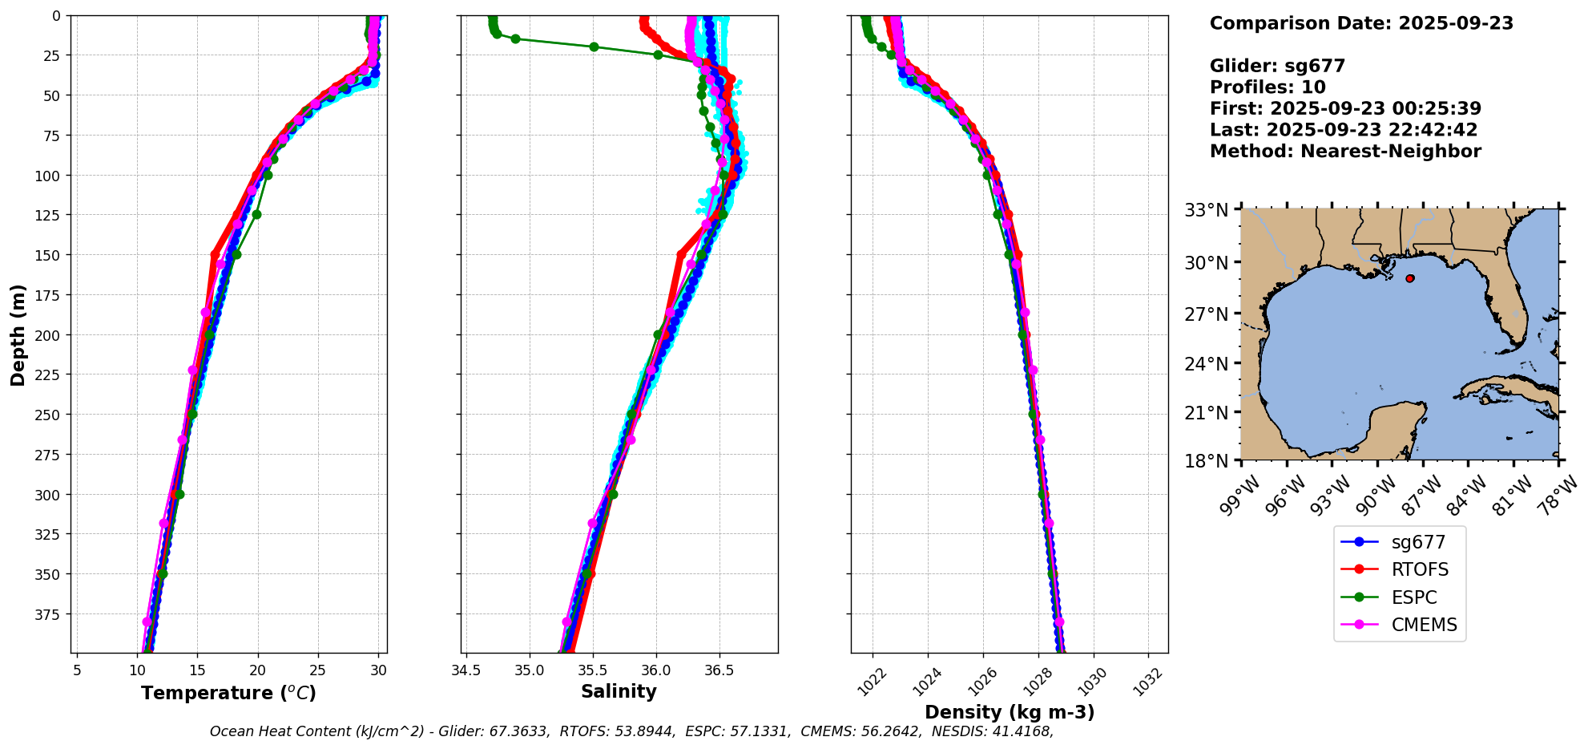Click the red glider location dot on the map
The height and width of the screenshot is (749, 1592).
click(x=1409, y=278)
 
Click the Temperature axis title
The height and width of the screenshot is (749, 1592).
click(x=228, y=693)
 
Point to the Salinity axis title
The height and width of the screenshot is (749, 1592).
click(x=619, y=691)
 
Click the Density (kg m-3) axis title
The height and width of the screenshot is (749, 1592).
click(x=1009, y=712)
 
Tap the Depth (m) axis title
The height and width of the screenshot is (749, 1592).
click(x=18, y=334)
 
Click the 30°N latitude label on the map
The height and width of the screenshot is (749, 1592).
click(x=1207, y=262)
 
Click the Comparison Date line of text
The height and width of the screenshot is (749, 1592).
click(x=1360, y=23)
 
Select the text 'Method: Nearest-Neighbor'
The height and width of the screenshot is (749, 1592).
click(x=1344, y=152)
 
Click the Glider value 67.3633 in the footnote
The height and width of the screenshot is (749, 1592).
click(x=521, y=731)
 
